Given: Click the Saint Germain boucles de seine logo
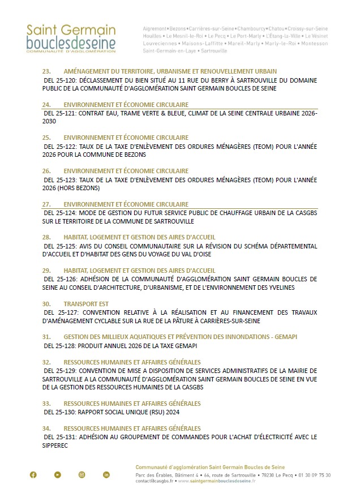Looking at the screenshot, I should [71, 38].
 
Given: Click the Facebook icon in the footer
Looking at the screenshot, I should [33, 474].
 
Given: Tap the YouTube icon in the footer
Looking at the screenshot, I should [57, 474].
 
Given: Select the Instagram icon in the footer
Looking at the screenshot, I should [82, 474].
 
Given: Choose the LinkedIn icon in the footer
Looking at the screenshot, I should [106, 474].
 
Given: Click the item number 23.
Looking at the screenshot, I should [47, 71].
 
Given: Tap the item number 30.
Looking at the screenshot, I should [47, 303].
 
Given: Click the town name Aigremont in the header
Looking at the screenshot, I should [155, 28].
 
